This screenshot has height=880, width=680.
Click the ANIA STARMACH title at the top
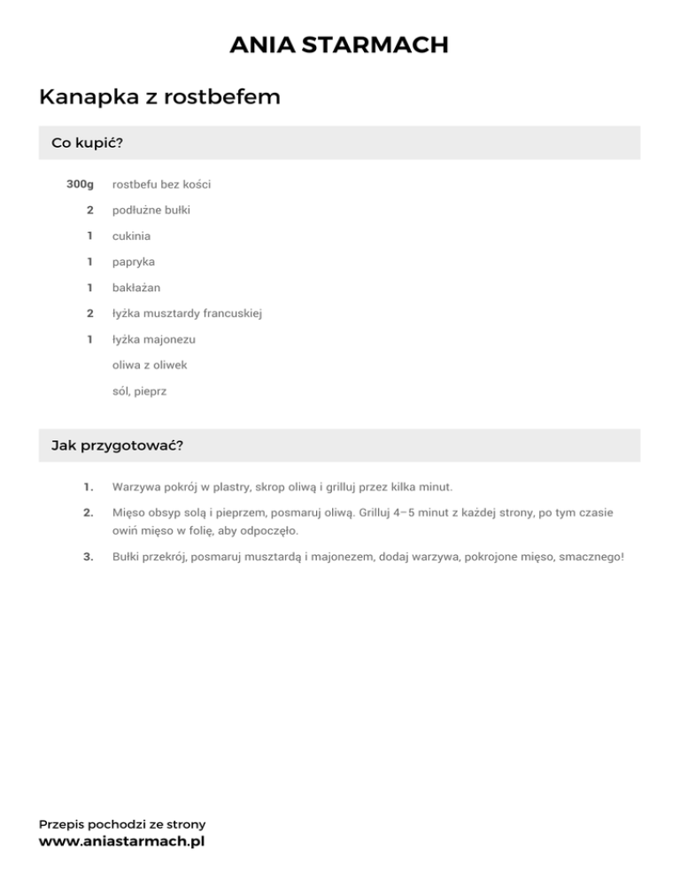click(339, 45)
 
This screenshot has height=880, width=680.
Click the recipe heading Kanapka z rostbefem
click(159, 97)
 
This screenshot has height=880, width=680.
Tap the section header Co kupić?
click(87, 143)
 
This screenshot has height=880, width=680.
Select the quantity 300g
click(80, 185)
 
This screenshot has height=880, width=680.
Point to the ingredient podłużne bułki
click(151, 211)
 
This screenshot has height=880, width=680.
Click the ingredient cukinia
click(131, 236)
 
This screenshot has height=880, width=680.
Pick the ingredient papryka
click(134, 262)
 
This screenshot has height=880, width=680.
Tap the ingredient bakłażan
click(136, 288)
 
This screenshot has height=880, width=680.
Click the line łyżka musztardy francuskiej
click(186, 313)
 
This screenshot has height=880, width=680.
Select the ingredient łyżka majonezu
click(154, 339)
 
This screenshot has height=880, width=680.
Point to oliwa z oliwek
click(150, 365)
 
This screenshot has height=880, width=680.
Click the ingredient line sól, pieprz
click(139, 390)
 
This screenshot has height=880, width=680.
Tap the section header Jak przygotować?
click(118, 445)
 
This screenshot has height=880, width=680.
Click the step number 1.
click(88, 487)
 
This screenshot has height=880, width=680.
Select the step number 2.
click(88, 513)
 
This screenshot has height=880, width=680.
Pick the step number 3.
click(88, 559)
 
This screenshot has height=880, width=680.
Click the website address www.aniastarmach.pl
click(122, 842)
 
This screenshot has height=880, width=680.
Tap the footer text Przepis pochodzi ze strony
click(122, 824)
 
